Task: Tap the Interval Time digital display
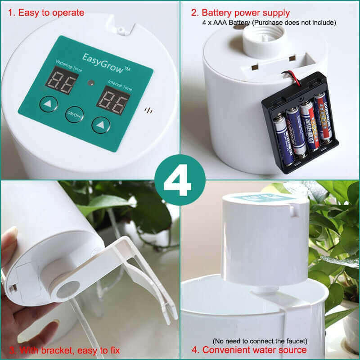click(x=113, y=99)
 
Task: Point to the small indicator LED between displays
click(x=90, y=83)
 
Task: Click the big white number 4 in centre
click(x=179, y=179)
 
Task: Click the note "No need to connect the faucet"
click(x=260, y=341)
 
